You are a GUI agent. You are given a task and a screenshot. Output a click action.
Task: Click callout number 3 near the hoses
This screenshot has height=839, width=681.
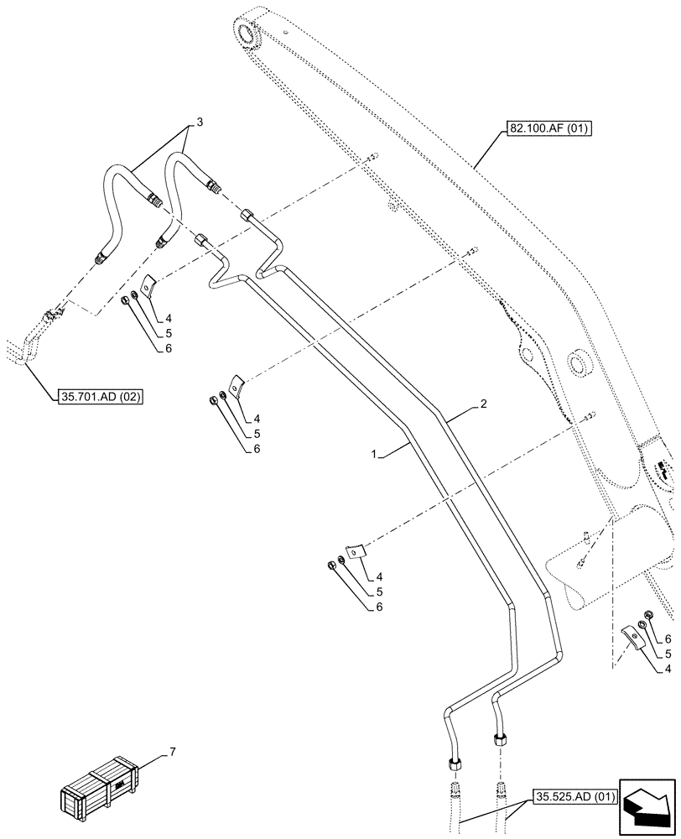pyautogui.click(x=199, y=122)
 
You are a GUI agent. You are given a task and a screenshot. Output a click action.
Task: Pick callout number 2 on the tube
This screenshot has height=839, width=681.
pyautogui.click(x=483, y=404)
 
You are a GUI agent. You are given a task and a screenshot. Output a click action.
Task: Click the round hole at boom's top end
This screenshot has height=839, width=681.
pyautogui.click(x=249, y=34)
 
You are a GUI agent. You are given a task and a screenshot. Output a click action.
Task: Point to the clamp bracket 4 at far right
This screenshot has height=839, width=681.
pyautogui.click(x=633, y=637)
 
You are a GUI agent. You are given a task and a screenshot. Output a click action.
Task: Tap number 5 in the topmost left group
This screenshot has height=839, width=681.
pyautogui.click(x=169, y=334)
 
